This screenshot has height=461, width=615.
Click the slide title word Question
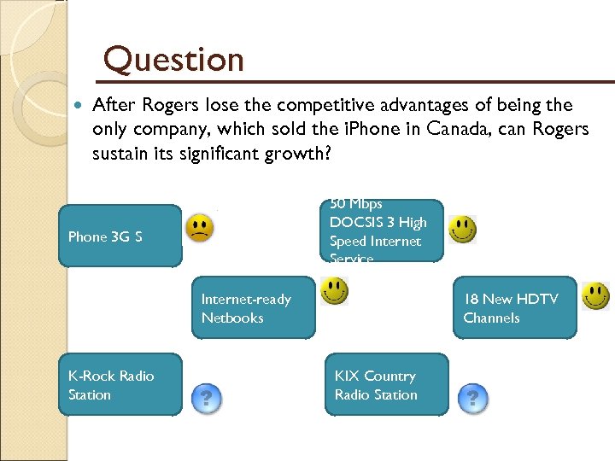pos(173,60)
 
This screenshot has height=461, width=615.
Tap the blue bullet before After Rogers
pos(79,106)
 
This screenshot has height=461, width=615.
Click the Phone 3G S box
pos(120,236)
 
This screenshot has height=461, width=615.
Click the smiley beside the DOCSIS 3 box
pos(463,229)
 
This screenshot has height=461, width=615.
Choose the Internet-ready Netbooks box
pos(253,307)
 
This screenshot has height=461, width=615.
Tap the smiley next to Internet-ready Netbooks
pos(334,290)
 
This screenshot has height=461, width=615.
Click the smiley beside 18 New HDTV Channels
pos(595,295)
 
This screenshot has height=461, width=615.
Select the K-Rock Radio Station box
pos(120,385)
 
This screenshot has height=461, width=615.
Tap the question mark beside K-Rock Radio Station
pos(206,397)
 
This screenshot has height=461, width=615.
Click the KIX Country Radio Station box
pos(386,385)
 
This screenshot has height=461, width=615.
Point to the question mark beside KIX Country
pos(473,397)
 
